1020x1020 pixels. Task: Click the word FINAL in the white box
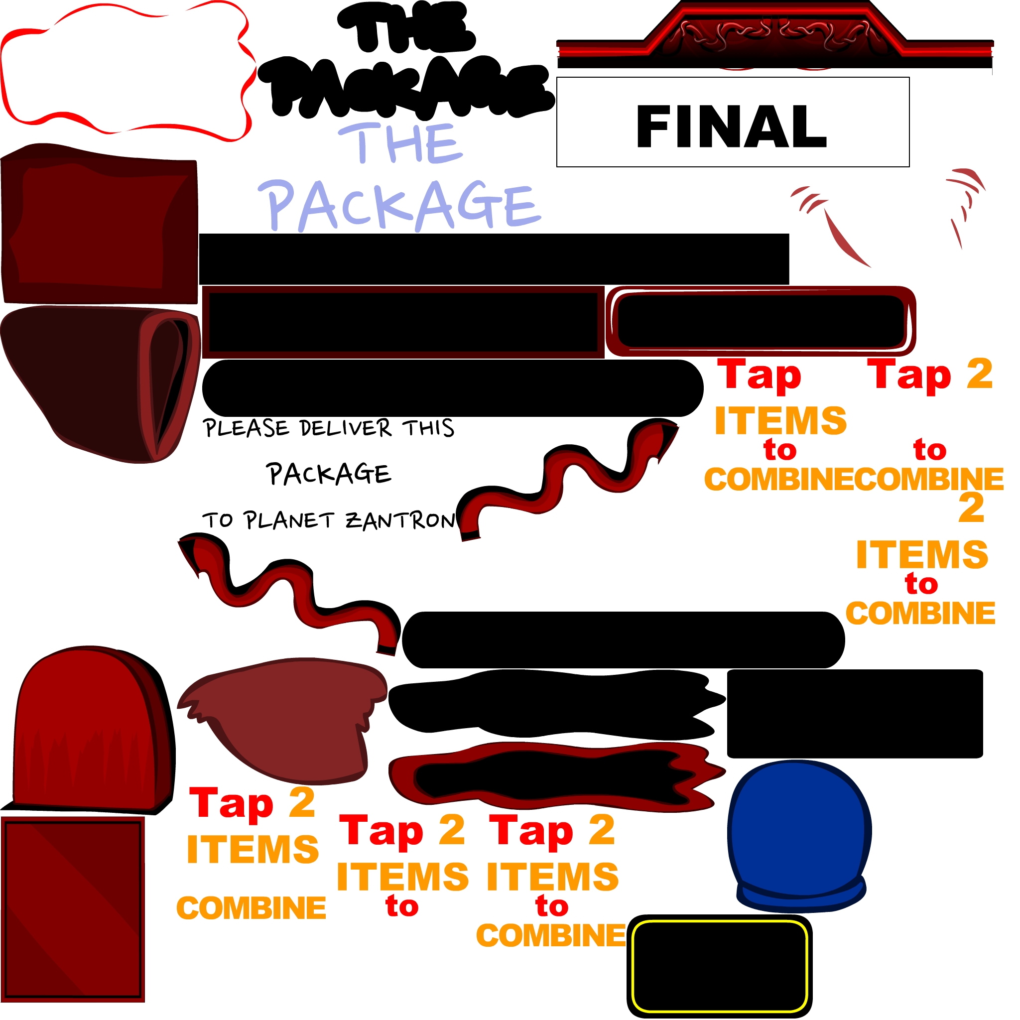pos(731,126)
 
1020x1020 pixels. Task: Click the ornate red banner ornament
pos(775,37)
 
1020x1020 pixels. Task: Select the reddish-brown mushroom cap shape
pos(290,718)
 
